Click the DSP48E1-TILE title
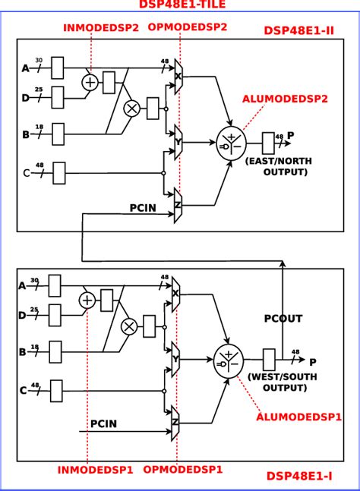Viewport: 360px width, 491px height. point(182,5)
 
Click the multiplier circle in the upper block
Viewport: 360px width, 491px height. point(131,108)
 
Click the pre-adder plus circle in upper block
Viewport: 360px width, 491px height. point(90,82)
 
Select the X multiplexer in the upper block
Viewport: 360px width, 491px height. point(178,77)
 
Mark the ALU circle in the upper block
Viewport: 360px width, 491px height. point(230,142)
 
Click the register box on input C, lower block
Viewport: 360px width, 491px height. point(56,391)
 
